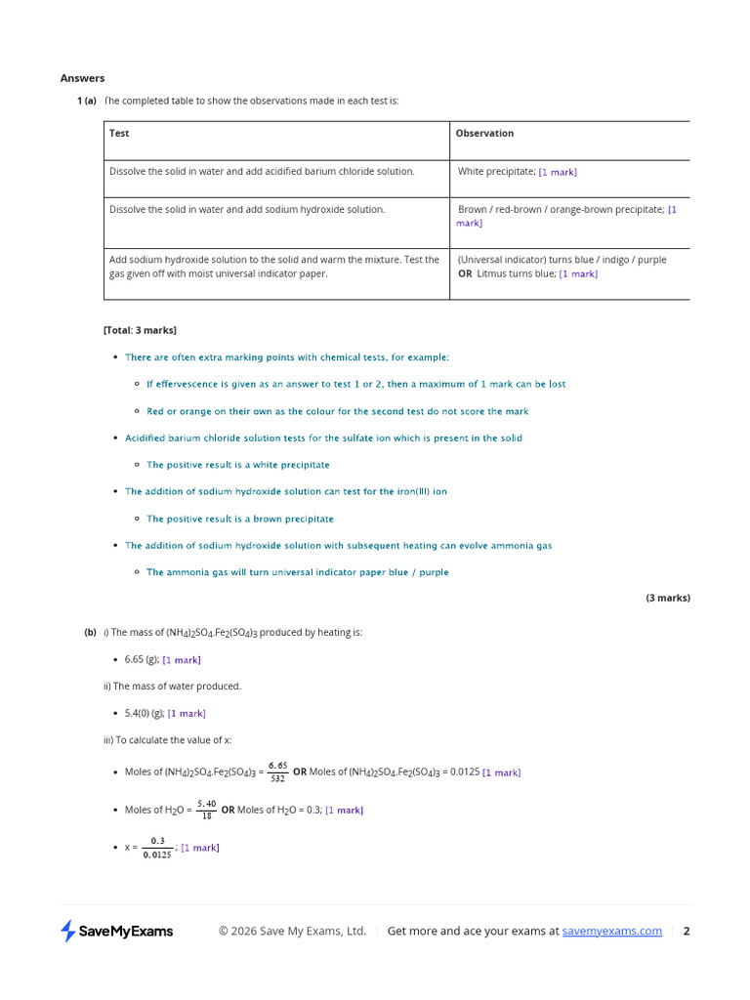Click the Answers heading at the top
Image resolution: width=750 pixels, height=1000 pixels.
click(x=82, y=78)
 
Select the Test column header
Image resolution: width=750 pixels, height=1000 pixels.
click(x=119, y=134)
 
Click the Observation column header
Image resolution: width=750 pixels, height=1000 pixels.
click(x=484, y=134)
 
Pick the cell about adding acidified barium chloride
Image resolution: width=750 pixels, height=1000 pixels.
click(x=262, y=171)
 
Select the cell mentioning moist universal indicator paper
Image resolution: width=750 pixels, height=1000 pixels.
click(x=273, y=267)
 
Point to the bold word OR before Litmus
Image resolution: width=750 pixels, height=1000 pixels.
click(x=465, y=274)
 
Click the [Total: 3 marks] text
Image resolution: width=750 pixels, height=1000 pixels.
click(x=140, y=330)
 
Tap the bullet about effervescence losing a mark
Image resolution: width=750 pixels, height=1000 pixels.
click(x=355, y=385)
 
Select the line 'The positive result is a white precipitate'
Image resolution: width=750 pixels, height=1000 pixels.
click(x=238, y=465)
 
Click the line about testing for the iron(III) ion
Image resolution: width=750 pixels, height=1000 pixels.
click(x=285, y=492)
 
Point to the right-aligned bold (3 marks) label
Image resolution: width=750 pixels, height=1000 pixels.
click(x=668, y=598)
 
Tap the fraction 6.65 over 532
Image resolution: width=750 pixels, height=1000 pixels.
click(x=277, y=772)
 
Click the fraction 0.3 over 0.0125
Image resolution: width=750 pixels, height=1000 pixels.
click(x=156, y=848)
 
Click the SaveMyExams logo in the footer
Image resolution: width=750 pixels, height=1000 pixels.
click(x=117, y=932)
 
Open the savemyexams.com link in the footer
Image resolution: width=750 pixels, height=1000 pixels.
click(x=611, y=932)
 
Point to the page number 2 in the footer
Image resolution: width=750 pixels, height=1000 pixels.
click(x=687, y=932)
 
